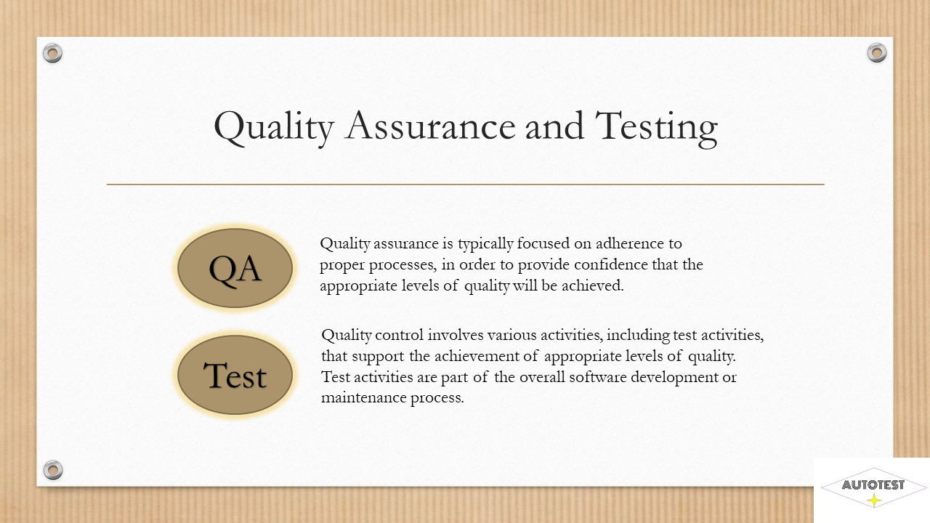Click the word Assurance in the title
(429, 126)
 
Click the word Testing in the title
(656, 129)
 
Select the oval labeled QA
(235, 268)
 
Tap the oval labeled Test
(235, 376)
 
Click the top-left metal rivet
(53, 53)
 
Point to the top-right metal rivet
(877, 53)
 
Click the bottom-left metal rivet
(53, 470)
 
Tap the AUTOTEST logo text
(873, 485)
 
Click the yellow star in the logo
(874, 500)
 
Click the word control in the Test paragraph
(399, 335)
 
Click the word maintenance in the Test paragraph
(364, 397)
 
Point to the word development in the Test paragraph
(675, 378)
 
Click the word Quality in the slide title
(274, 127)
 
